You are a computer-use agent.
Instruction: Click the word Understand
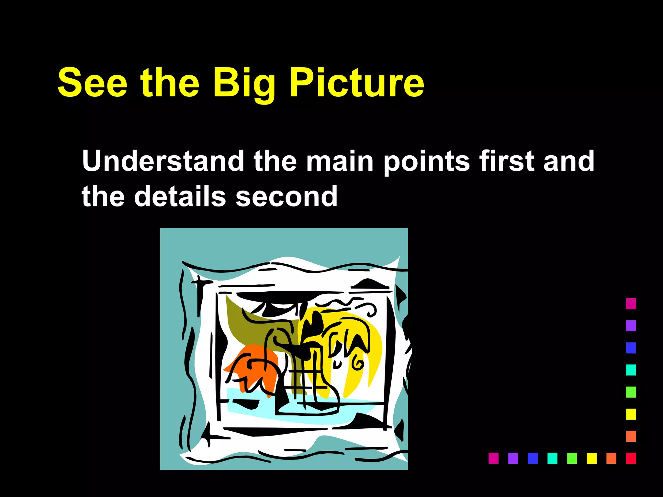163,161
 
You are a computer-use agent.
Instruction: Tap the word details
180,196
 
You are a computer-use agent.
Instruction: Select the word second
287,196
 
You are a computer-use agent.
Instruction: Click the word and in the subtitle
569,161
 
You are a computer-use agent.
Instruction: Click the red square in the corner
631,458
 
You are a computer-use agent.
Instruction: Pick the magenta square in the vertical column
631,304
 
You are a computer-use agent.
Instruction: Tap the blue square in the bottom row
533,458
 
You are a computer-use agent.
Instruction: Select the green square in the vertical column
631,392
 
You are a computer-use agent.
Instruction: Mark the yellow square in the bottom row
591,458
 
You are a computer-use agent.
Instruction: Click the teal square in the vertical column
631,370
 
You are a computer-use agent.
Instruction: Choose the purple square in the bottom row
513,458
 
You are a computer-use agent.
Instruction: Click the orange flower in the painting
256,369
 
